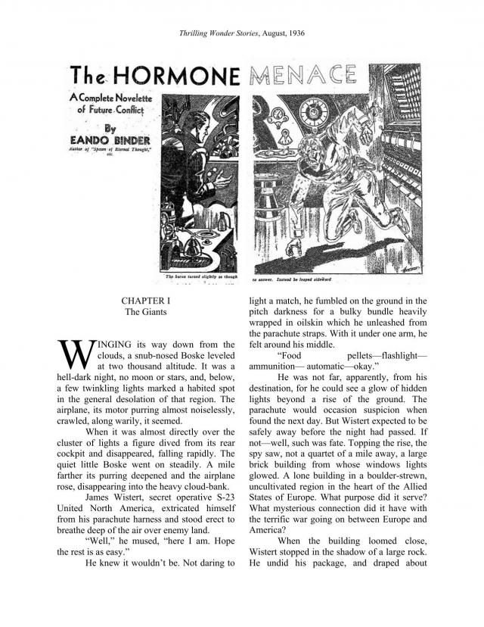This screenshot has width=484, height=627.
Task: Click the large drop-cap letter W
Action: [72, 353]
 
